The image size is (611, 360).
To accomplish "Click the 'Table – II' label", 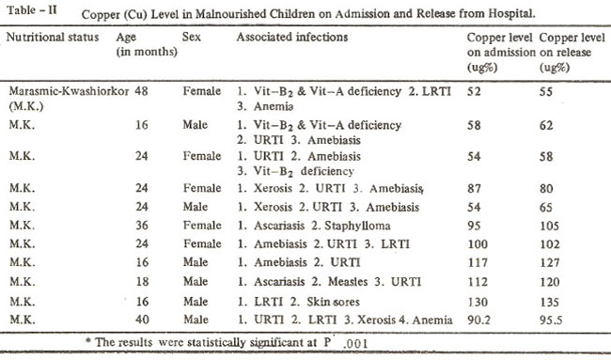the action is pyautogui.click(x=32, y=9).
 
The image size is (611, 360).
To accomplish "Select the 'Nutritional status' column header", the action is pyautogui.click(x=53, y=37).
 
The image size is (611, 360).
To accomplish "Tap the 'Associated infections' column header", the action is pyautogui.click(x=291, y=37).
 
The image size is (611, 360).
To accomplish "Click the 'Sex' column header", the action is pyautogui.click(x=192, y=37).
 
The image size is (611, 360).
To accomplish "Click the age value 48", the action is pyautogui.click(x=141, y=91).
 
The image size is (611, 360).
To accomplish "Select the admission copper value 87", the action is pyautogui.click(x=474, y=188).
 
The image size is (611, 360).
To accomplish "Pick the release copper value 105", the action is pyautogui.click(x=550, y=226).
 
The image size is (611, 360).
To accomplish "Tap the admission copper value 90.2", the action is pyautogui.click(x=478, y=320).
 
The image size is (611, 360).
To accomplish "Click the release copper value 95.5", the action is pyautogui.click(x=551, y=320).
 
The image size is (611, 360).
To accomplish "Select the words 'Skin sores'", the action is pyautogui.click(x=333, y=302).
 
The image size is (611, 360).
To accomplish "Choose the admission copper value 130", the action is pyautogui.click(x=478, y=302).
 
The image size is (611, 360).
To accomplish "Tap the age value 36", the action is pyautogui.click(x=141, y=226).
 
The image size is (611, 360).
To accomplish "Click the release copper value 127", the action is pyautogui.click(x=550, y=262).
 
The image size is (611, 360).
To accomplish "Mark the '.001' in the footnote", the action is pyautogui.click(x=355, y=343).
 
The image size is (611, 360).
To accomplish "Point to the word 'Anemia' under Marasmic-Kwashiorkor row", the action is pyautogui.click(x=274, y=106).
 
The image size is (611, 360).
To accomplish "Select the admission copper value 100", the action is pyautogui.click(x=478, y=243).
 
